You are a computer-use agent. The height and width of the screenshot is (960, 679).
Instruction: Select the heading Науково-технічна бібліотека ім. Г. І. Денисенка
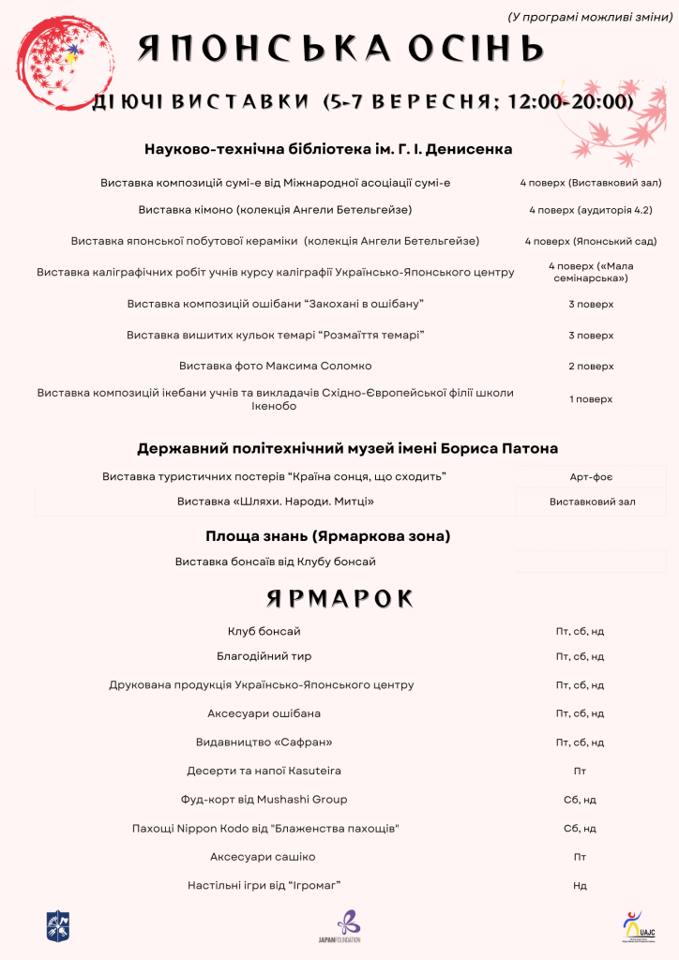click(x=328, y=149)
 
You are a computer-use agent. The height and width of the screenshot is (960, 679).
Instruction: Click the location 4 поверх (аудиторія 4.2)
click(x=591, y=210)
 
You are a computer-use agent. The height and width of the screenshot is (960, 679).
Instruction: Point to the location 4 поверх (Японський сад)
click(x=591, y=241)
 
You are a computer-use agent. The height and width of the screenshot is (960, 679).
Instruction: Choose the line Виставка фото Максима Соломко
click(x=276, y=366)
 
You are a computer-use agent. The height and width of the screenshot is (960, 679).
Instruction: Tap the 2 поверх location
click(x=591, y=366)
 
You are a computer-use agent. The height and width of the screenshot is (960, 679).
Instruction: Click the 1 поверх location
click(x=591, y=399)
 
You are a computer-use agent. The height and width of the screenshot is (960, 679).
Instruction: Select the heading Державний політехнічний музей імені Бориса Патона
click(x=348, y=448)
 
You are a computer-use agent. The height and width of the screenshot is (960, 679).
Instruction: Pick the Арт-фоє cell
click(x=591, y=478)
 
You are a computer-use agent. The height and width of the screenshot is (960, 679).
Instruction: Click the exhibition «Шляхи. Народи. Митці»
click(x=276, y=502)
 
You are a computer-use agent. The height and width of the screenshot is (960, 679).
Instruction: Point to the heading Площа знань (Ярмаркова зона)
click(x=328, y=536)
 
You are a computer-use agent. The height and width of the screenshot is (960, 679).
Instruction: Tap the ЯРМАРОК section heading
click(x=339, y=598)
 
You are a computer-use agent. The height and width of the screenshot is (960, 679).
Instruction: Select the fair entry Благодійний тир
click(x=271, y=656)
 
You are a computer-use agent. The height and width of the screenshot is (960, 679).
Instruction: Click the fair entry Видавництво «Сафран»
click(x=264, y=742)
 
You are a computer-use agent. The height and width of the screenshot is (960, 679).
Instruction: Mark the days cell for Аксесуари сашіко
click(x=580, y=857)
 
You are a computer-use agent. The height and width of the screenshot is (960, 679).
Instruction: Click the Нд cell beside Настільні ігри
click(x=580, y=886)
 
